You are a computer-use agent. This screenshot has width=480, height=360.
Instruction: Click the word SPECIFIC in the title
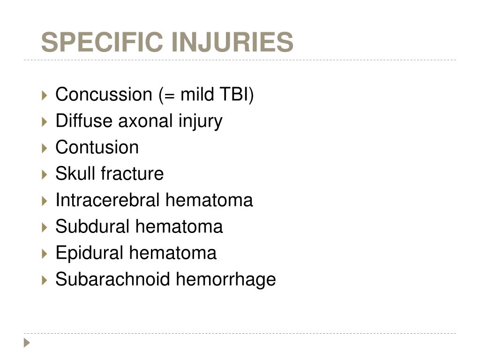102,42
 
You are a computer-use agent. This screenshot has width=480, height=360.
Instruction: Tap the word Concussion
104,94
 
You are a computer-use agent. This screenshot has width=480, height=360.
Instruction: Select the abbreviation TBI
234,94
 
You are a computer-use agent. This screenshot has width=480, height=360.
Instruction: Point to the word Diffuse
84,120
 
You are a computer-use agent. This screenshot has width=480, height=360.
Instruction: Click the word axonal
145,120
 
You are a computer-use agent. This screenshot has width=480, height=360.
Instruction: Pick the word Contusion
97,147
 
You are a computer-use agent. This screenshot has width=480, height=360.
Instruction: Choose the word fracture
132,173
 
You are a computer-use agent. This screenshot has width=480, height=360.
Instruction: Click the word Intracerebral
107,200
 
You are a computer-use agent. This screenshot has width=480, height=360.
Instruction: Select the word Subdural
92,226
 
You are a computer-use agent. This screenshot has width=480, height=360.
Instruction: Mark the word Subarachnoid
112,279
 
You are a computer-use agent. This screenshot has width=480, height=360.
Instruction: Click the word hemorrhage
226,280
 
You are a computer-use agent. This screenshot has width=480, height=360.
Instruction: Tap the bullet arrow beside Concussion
45,95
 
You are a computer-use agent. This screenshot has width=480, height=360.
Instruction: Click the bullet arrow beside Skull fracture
45,174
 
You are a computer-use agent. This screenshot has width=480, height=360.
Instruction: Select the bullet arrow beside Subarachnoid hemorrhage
45,280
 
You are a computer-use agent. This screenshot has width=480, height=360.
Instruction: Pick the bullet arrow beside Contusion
45,148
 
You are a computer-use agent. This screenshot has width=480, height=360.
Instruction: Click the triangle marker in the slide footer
27,343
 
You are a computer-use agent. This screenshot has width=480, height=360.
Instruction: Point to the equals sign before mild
169,95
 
